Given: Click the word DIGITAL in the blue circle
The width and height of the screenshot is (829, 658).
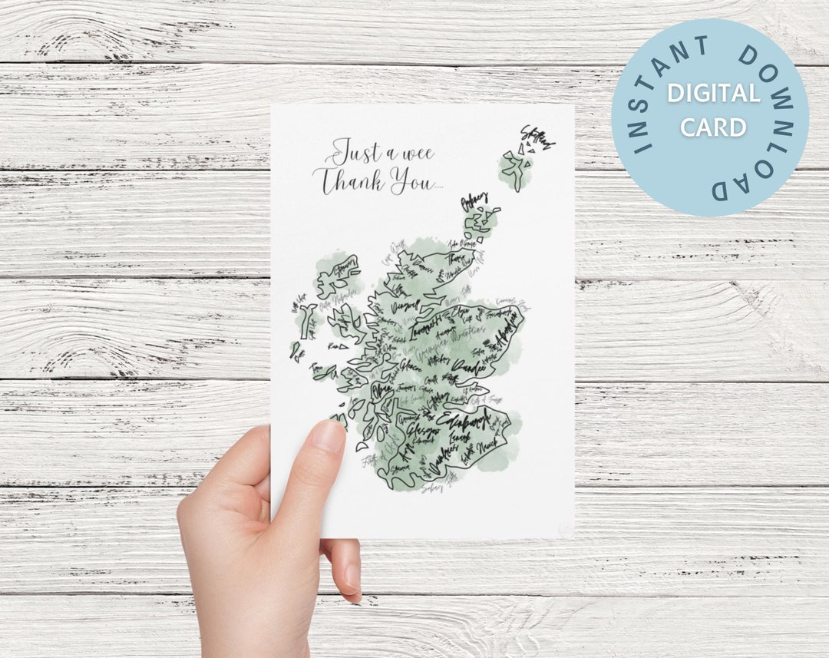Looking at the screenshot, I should click(713, 94).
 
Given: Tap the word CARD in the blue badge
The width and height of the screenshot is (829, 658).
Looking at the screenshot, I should click(713, 127).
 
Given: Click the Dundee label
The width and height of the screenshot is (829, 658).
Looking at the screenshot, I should click(470, 368).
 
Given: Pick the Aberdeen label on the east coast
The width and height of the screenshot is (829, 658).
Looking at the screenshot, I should click(507, 326).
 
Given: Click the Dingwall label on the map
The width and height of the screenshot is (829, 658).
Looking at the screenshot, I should click(405, 306).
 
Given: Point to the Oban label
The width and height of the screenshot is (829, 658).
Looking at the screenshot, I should click(382, 391).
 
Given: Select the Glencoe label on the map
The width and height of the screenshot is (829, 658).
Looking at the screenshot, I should click(411, 365).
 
